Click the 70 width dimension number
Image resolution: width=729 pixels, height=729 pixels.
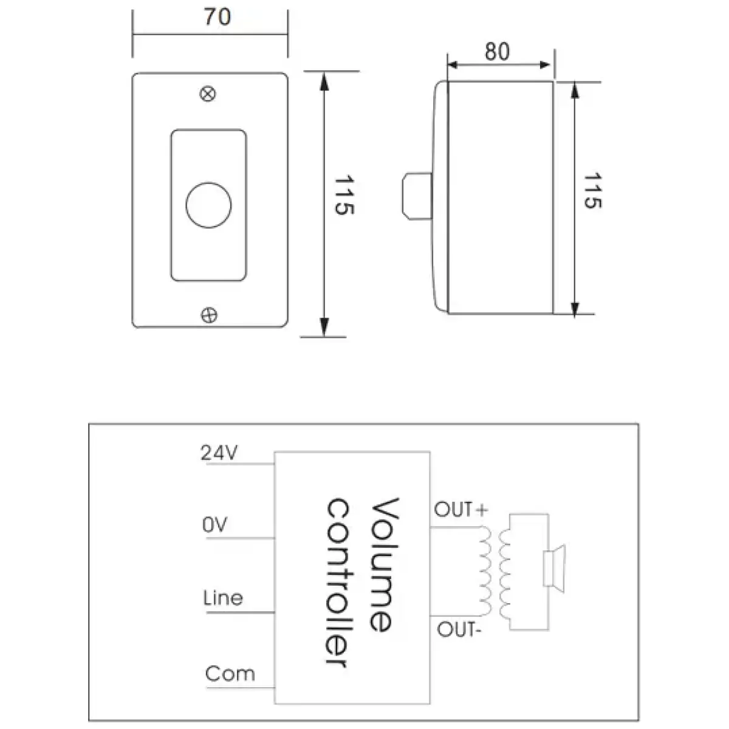click(217, 16)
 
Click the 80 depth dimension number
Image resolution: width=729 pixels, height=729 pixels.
click(497, 52)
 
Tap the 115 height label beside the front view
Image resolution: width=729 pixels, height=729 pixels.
click(344, 196)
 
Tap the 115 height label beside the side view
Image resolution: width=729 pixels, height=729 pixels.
click(591, 191)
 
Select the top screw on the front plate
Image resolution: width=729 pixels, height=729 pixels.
click(208, 94)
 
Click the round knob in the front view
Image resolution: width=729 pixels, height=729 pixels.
click(208, 205)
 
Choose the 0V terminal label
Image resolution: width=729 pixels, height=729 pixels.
click(214, 525)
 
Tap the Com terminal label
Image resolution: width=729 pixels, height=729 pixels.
click(230, 674)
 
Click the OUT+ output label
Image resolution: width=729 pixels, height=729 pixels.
click(460, 510)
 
